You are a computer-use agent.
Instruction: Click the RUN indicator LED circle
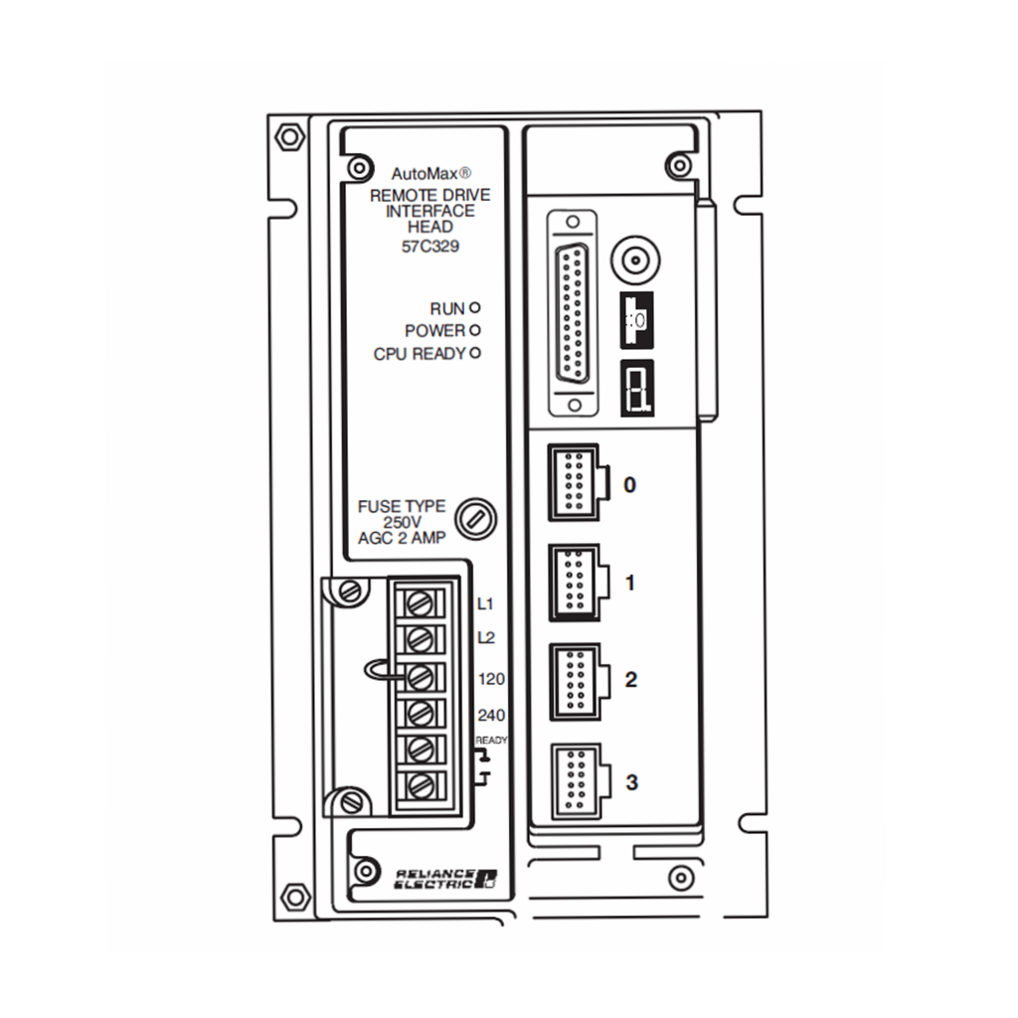tap(474, 308)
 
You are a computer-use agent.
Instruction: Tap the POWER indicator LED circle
tap(474, 330)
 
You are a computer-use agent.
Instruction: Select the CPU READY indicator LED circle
tap(475, 353)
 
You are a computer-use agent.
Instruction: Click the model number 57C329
tap(430, 247)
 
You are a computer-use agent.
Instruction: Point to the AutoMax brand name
tap(424, 174)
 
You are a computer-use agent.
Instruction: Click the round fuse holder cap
tap(475, 519)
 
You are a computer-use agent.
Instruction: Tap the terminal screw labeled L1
tap(420, 603)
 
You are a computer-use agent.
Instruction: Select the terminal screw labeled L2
tap(420, 640)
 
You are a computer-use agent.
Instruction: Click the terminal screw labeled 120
tap(420, 677)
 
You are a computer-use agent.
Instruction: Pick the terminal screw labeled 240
tap(420, 714)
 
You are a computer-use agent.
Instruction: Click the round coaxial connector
tap(635, 261)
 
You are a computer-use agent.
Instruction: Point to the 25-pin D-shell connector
tap(573, 313)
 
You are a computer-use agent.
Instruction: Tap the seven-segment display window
tap(637, 389)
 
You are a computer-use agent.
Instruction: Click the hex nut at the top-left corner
tap(289, 137)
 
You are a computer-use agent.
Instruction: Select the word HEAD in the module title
tap(430, 227)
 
